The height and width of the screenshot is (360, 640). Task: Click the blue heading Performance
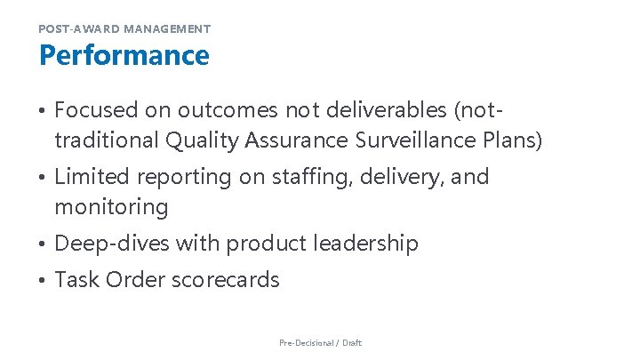pos(124,55)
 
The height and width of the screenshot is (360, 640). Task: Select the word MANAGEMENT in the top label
pos(167,29)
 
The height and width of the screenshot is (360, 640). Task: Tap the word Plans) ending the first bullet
pos(509,140)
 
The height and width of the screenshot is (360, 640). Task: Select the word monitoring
pos(111,207)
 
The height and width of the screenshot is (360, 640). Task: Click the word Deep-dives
pos(112,244)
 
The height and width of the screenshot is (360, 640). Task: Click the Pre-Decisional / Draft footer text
pos(320,342)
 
